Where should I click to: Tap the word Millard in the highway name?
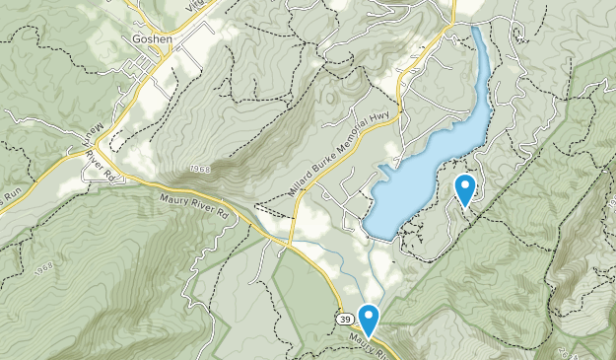coord(307,174)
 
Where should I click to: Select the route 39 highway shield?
coord(342,320)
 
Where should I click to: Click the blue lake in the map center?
coord(424,178)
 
